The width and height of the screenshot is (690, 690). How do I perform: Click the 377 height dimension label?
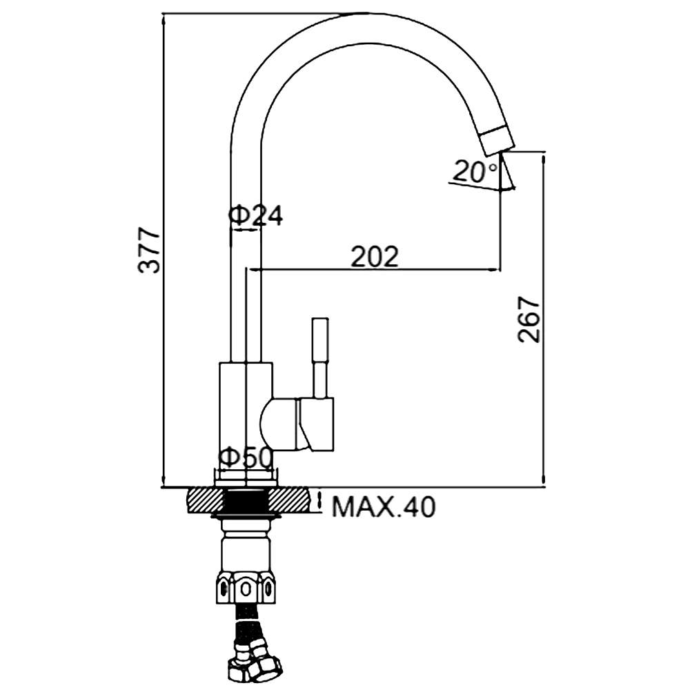point(148,250)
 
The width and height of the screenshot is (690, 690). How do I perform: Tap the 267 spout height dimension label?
point(528,319)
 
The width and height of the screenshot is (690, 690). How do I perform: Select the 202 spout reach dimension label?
point(375,256)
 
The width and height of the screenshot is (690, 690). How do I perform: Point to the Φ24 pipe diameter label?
point(256,215)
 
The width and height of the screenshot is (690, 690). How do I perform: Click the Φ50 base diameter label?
point(245,457)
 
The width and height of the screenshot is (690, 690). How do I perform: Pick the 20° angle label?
point(475,171)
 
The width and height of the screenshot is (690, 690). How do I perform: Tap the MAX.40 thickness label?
point(383,507)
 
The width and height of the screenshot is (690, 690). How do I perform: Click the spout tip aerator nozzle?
point(496,139)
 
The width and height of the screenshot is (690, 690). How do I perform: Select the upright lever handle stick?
point(320,357)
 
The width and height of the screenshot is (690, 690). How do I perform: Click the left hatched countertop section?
point(206,500)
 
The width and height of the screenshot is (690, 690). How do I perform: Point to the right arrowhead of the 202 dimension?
point(496,269)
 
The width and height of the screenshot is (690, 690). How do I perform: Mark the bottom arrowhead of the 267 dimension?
point(544,480)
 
